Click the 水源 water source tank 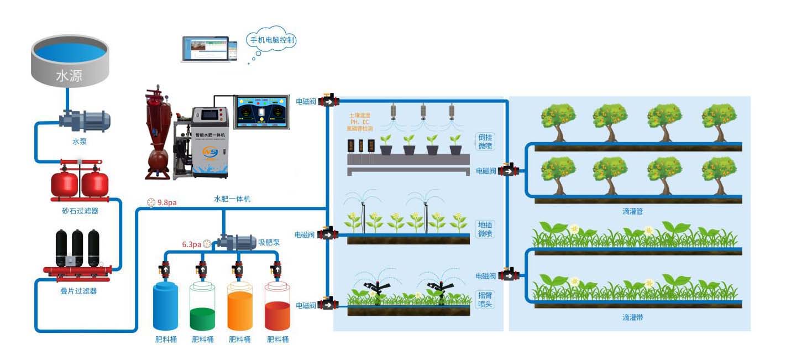tap(69, 61)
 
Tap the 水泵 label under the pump tap(80, 142)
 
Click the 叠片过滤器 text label tap(78, 291)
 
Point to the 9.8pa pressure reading tap(166, 202)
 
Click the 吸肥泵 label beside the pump tap(268, 242)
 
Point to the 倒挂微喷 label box tap(485, 142)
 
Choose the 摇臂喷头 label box tap(485, 300)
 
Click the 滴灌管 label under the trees tap(632, 211)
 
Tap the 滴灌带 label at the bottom tap(632, 318)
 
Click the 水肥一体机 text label tap(232, 199)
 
